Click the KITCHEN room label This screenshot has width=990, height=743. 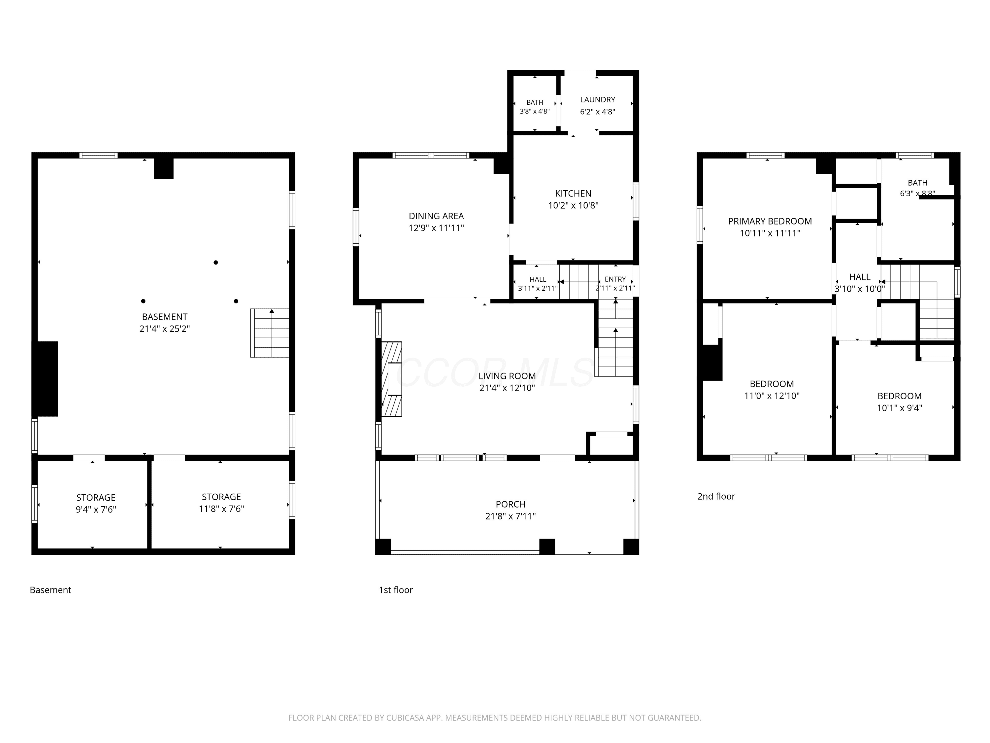573,194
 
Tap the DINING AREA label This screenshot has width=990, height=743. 436,216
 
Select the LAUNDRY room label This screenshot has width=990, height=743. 598,99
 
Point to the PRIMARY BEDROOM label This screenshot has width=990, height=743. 770,221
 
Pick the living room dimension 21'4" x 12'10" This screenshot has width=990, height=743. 507,388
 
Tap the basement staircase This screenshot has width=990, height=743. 269,333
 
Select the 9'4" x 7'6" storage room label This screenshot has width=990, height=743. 96,503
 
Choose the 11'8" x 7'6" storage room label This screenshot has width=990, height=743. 221,503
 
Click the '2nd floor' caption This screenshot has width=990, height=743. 716,496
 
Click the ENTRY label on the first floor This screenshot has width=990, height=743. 615,279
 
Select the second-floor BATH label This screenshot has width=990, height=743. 917,183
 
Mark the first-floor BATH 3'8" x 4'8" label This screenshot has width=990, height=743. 535,107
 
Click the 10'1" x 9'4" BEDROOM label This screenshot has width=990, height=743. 900,402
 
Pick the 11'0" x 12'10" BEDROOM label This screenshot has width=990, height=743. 772,390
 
